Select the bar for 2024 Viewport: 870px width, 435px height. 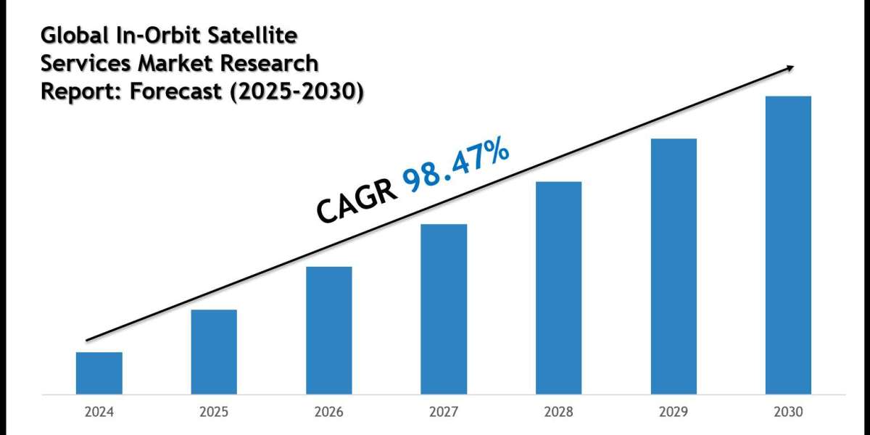[99, 373]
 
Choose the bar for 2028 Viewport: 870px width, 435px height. [559, 288]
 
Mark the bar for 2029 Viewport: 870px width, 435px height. [674, 266]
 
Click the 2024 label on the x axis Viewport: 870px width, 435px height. [99, 413]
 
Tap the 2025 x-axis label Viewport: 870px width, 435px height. [214, 413]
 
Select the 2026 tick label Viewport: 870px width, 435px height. [329, 413]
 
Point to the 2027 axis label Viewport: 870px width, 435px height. [444, 413]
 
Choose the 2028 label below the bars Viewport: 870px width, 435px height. [559, 413]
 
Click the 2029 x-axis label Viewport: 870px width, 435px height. [674, 413]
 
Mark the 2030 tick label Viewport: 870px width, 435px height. [788, 413]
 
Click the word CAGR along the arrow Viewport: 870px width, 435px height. [355, 199]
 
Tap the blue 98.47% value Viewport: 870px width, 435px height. [456, 167]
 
